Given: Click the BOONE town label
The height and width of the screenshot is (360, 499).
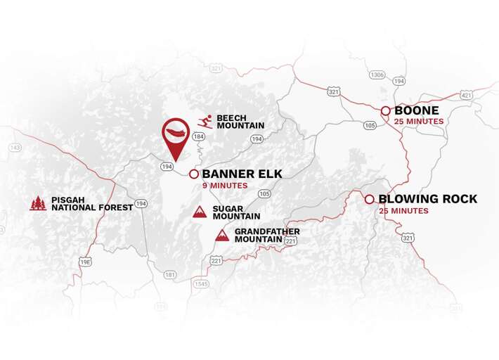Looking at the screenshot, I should pyautogui.click(x=417, y=110).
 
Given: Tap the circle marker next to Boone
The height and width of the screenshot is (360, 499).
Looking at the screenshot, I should pyautogui.click(x=386, y=111).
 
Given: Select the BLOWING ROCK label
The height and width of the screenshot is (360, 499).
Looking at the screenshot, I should pyautogui.click(x=427, y=199).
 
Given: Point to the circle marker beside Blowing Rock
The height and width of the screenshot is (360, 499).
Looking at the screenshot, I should pyautogui.click(x=370, y=199).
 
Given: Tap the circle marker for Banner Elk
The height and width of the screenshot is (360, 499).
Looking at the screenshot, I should pyautogui.click(x=193, y=173).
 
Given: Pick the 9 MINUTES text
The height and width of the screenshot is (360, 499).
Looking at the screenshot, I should pyautogui.click(x=225, y=186).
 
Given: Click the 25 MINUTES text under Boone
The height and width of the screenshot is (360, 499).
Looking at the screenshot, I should pyautogui.click(x=419, y=122).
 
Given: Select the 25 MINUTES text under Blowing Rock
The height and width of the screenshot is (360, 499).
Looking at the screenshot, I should pyautogui.click(x=403, y=211).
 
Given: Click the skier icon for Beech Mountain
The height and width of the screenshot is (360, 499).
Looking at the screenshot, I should pyautogui.click(x=205, y=121).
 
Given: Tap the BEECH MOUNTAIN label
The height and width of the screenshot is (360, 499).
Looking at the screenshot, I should pyautogui.click(x=240, y=122).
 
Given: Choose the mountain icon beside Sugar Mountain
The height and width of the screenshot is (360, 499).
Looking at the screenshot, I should pyautogui.click(x=200, y=212).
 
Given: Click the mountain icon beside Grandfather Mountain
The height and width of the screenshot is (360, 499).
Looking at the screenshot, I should pyautogui.click(x=222, y=235).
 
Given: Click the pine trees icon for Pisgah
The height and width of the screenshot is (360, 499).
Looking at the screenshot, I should pyautogui.click(x=38, y=203).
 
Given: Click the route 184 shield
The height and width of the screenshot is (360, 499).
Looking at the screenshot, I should pyautogui.click(x=199, y=136).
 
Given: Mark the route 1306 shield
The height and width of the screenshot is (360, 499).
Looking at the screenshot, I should pyautogui.click(x=378, y=75).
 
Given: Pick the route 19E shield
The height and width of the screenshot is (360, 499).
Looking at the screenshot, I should pyautogui.click(x=86, y=262).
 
